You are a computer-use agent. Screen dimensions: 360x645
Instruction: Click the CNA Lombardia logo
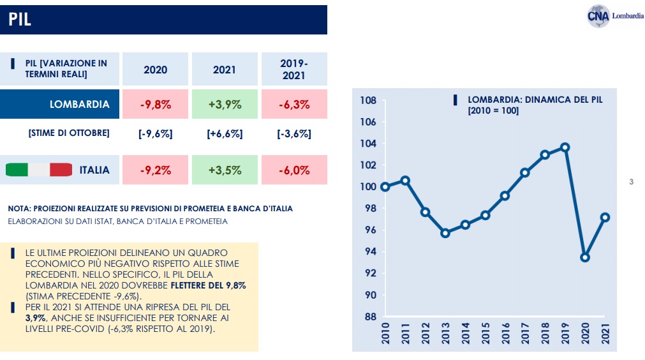[x=615, y=16]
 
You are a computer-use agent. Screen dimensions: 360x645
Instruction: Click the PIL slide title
[x=20, y=20]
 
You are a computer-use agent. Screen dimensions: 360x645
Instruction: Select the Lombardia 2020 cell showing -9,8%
[x=156, y=105]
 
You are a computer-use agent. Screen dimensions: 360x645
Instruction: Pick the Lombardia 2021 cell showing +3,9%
[x=225, y=105]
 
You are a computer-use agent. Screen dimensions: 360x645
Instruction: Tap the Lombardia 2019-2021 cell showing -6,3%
[x=294, y=105]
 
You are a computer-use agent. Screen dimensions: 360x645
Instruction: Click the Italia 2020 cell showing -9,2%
[x=156, y=170]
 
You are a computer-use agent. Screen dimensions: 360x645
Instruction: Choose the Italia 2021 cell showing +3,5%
[x=225, y=170]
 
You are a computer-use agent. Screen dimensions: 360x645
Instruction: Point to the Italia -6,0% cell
[x=294, y=170]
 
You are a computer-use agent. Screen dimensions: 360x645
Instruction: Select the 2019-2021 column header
[x=294, y=69]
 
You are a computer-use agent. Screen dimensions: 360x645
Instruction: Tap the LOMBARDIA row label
[x=80, y=105]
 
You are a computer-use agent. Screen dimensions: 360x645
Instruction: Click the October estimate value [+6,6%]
[x=225, y=134]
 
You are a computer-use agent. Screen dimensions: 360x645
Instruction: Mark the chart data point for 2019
[x=565, y=147]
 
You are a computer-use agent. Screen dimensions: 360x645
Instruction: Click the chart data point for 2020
[x=584, y=257]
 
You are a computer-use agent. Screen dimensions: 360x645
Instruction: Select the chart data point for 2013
[x=445, y=233]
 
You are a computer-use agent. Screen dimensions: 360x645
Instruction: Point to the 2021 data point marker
[x=605, y=217]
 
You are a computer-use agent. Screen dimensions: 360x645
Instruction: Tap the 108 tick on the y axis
[x=368, y=100]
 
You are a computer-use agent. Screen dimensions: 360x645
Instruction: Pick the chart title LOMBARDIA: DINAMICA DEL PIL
[x=535, y=100]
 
